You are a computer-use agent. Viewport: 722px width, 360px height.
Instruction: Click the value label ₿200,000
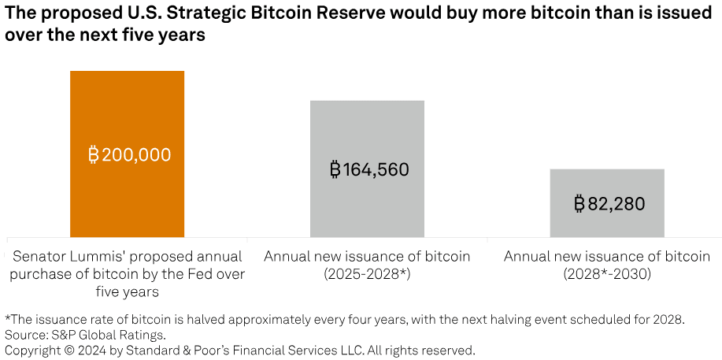coord(129,155)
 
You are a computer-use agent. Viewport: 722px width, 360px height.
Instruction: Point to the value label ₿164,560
coord(368,169)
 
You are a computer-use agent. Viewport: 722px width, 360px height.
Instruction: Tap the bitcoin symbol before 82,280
coord(579,204)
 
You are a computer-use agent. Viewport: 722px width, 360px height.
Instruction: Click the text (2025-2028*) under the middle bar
coord(367,274)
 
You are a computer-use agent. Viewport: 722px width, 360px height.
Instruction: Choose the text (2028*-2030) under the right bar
coord(607,274)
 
